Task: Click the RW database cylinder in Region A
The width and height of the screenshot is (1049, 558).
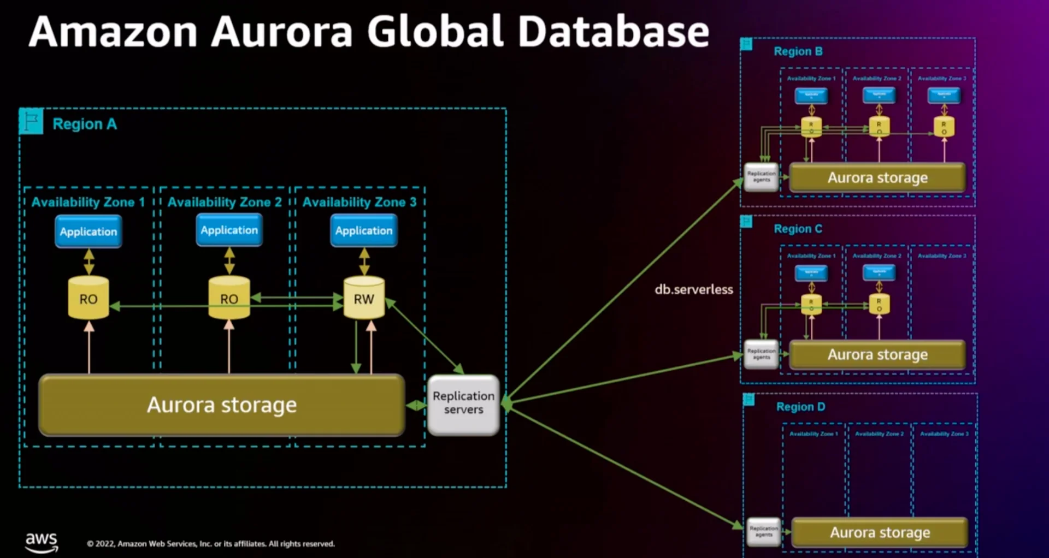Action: tap(364, 298)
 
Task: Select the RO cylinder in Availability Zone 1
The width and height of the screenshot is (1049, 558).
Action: tap(89, 298)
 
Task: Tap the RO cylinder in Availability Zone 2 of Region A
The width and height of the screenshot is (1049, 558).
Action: tap(229, 298)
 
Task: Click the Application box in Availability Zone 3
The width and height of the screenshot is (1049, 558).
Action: tap(364, 231)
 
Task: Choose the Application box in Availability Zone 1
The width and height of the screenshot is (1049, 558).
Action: tap(89, 231)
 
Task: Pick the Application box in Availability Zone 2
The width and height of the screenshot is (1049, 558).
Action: tap(229, 230)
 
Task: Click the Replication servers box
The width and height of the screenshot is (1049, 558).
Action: tap(463, 404)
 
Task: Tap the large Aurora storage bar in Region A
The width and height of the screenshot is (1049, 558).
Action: tap(222, 405)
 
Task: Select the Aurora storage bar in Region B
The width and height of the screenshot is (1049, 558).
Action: tap(877, 177)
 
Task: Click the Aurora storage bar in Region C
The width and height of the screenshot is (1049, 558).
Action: tap(877, 355)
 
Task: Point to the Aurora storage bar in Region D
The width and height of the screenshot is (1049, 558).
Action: tap(880, 532)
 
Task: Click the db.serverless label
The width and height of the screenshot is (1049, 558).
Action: tap(694, 289)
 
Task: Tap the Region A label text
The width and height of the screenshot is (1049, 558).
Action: tap(85, 124)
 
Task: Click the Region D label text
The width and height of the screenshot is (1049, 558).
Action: tap(800, 407)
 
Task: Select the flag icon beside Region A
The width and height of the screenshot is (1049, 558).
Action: tap(31, 121)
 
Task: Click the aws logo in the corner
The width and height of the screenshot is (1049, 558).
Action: tap(41, 542)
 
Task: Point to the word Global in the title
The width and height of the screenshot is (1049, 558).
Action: tap(435, 32)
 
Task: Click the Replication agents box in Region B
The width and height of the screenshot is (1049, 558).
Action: tap(762, 177)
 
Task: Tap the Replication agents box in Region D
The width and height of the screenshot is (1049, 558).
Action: tap(764, 532)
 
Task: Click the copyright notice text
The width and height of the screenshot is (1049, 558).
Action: tap(211, 544)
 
